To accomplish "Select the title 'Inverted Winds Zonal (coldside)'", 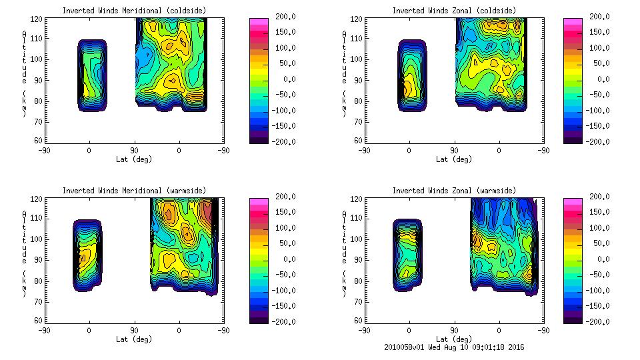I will pos(453,11).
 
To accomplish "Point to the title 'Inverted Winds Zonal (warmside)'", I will pos(453,191).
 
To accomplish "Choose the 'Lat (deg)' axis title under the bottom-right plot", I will pos(455,339).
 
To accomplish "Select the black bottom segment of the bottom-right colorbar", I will pos(571,319).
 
